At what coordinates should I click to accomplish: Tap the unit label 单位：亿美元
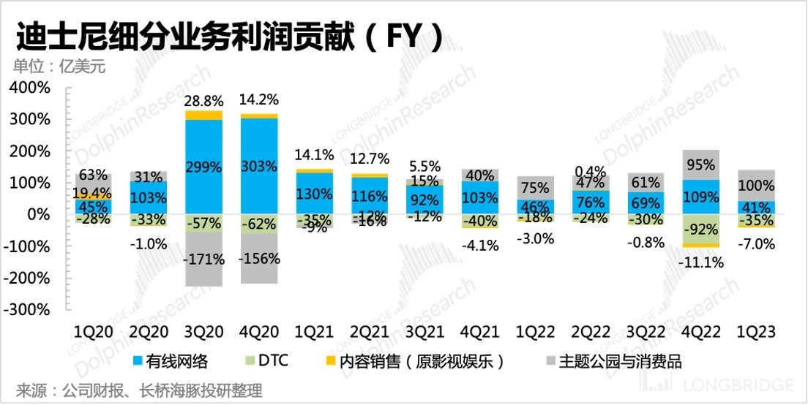(x=59, y=67)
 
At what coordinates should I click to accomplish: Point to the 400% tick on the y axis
(x=29, y=88)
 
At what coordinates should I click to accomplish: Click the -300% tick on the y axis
(x=29, y=309)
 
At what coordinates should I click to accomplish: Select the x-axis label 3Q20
(x=203, y=331)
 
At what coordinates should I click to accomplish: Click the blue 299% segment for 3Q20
(x=203, y=166)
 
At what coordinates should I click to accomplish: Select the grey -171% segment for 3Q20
(x=203, y=260)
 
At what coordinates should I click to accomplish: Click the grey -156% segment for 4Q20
(x=258, y=259)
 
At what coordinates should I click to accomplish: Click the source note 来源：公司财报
(x=138, y=391)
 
